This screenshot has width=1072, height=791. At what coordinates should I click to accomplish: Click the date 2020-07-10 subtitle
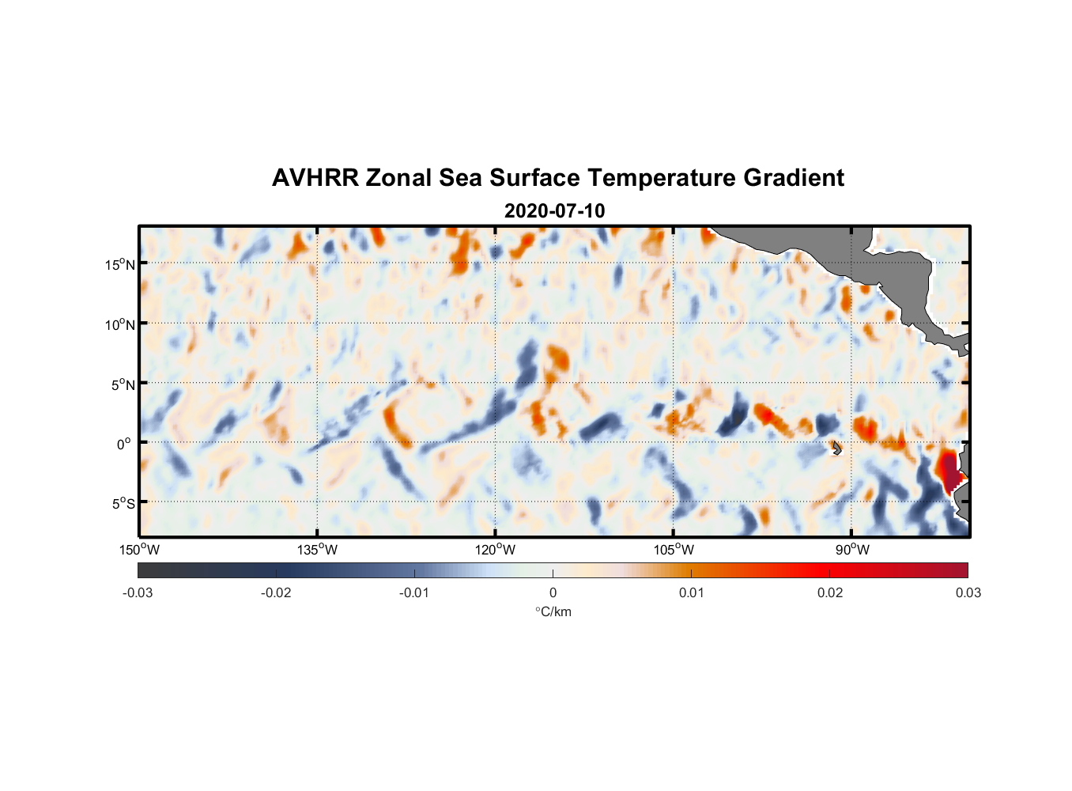pos(554,211)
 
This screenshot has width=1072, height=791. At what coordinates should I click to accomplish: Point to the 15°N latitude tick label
pos(120,264)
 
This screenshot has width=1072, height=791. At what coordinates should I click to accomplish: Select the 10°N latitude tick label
pos(120,324)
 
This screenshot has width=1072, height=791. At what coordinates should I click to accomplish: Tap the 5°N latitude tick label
pos(123,384)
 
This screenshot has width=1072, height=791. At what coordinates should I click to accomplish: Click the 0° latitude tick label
pos(124,445)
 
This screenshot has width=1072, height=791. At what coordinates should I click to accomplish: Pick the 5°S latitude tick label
pos(123,504)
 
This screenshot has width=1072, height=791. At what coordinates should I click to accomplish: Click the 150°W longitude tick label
pos(139,550)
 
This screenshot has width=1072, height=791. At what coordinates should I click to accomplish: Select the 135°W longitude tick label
pos(317,550)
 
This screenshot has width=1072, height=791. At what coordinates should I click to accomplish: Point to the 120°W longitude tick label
pos(495,550)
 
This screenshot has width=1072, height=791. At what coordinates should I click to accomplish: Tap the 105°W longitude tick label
pos(674,550)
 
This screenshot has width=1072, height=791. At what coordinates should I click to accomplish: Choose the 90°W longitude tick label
pos(852,550)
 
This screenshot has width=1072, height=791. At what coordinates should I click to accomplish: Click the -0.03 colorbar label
pos(138,592)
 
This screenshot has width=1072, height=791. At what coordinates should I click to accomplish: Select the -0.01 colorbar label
pos(414,592)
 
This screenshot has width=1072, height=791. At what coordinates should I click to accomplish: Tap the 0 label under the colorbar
pos(553,592)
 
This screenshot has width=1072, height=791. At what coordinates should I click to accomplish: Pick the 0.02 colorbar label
pos(830,592)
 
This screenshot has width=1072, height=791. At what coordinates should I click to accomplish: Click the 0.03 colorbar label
pos(968,592)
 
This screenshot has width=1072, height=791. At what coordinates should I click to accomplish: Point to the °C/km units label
pos(553,611)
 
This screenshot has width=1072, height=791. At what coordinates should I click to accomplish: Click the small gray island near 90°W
pos(836,448)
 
